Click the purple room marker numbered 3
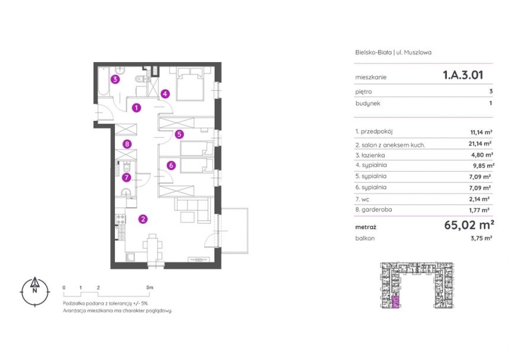115,79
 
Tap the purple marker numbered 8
127,144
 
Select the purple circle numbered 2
143,219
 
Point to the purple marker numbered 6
171,166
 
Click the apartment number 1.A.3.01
463,75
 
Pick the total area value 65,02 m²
469,224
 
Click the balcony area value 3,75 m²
481,238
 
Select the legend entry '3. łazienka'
370,155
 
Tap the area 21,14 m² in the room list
481,143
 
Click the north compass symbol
35,291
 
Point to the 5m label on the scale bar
149,287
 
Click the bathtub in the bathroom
104,82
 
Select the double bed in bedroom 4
189,83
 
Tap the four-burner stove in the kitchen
121,220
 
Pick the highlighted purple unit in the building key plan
395,302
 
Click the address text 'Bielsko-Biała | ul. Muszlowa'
393,52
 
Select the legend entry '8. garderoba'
373,210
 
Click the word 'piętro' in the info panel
363,92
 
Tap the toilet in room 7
127,168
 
